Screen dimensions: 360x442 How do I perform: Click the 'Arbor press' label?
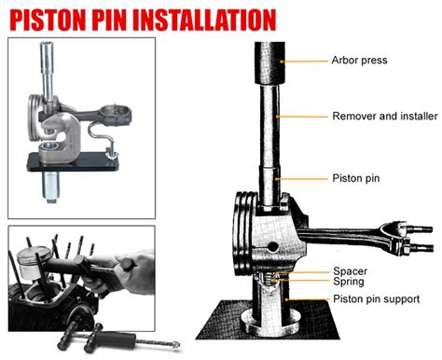point(358,62)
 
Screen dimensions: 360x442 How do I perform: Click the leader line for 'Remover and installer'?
point(308,117)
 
